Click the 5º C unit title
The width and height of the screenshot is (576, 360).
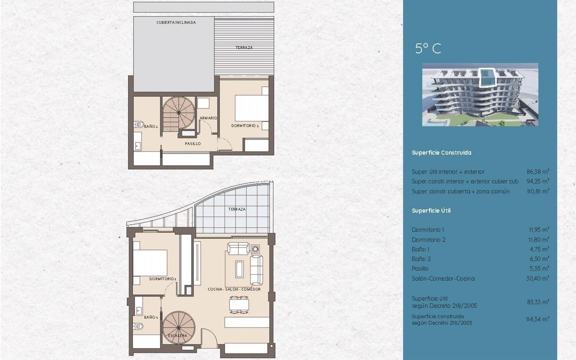[428, 48]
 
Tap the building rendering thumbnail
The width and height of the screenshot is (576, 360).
[480, 94]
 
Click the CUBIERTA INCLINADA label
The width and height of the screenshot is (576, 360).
[176, 22]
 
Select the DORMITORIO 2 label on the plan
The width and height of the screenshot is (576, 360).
[245, 126]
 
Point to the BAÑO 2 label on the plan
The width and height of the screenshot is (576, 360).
[151, 127]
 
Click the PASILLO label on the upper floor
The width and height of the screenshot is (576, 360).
[193, 144]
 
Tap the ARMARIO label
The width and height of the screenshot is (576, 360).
[208, 118]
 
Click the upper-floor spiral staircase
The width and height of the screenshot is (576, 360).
[179, 113]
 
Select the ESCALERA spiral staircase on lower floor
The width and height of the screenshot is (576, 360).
[179, 328]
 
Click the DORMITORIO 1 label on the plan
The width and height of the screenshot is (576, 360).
[163, 279]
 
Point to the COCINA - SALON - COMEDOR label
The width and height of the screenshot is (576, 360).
[234, 289]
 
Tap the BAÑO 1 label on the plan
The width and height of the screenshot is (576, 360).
[151, 317]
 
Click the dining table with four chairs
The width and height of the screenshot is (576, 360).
[239, 305]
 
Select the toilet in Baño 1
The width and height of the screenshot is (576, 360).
[139, 326]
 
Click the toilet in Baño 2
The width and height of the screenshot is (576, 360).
[139, 124]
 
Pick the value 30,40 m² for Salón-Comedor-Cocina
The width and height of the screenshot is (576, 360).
[538, 278]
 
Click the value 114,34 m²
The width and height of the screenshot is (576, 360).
[538, 319]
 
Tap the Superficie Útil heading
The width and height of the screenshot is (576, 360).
[431, 211]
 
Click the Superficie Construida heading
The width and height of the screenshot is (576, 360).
[441, 153]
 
